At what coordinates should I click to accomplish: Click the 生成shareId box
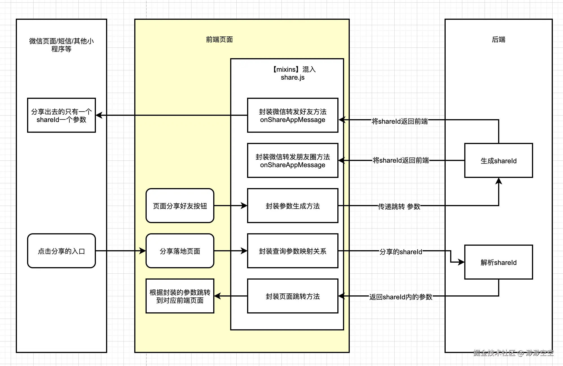point(498,160)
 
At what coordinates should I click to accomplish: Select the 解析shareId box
point(498,262)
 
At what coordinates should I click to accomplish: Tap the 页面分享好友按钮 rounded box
point(180,206)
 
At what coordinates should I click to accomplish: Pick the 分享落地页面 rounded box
point(180,251)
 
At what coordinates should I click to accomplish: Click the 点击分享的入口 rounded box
point(61,251)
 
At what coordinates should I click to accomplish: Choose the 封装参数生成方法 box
point(293,206)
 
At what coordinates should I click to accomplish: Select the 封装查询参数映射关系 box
point(293,251)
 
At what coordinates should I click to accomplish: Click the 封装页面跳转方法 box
point(293,296)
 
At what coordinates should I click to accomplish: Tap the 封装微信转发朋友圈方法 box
point(293,160)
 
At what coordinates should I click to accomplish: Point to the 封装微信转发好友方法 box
point(293,115)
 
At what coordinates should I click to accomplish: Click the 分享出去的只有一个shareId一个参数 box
point(61,115)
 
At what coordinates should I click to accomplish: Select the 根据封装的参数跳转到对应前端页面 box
point(180,296)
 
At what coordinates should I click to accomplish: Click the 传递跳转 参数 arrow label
point(399,206)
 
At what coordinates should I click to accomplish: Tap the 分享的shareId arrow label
point(401,252)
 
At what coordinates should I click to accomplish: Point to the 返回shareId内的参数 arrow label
point(401,297)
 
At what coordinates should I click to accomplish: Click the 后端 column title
point(498,40)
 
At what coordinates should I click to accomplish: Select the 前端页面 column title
point(219,40)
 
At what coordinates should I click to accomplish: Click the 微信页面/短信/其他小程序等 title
point(61,45)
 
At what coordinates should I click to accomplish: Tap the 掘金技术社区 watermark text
point(494,353)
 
